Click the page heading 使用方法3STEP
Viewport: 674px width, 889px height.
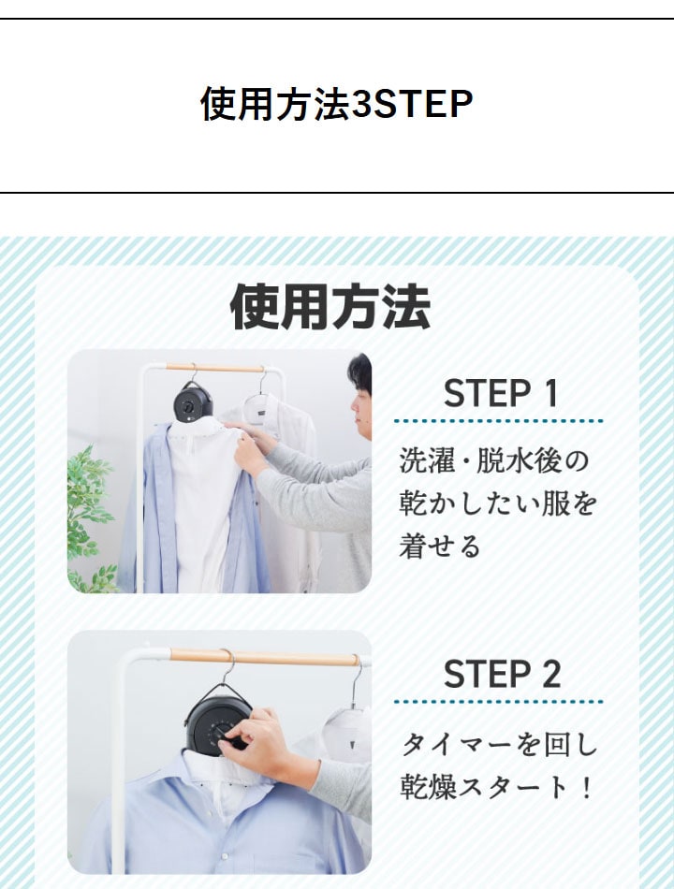click(336, 104)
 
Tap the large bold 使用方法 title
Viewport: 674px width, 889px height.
click(330, 307)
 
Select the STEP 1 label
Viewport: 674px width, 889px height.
click(501, 393)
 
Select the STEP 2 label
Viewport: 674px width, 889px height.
click(502, 674)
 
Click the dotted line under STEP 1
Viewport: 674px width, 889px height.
click(499, 421)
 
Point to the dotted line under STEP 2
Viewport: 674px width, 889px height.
click(499, 702)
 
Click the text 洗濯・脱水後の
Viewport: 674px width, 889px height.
click(494, 460)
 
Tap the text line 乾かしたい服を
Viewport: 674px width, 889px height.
click(498, 503)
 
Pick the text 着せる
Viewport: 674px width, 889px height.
click(440, 546)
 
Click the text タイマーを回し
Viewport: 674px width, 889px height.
click(500, 744)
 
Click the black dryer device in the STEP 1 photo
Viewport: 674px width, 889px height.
click(193, 401)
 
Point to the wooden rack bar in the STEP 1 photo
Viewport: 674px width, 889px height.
click(215, 368)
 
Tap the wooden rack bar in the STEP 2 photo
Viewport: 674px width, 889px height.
click(265, 658)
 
